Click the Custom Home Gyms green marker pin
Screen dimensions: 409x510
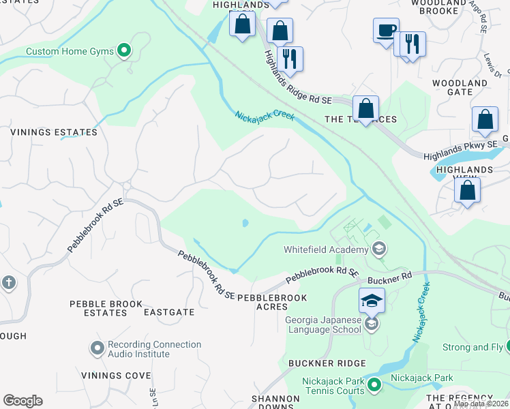coord(124,50)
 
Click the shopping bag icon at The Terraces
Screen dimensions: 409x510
coord(366,108)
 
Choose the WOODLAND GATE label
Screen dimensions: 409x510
coord(460,88)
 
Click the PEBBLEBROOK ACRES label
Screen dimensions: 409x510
coord(273,303)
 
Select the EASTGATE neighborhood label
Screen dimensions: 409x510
coord(169,312)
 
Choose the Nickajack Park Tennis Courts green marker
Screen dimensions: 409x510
coord(374,387)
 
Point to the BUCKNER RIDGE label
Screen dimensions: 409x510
coord(327,363)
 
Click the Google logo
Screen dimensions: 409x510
coord(22,400)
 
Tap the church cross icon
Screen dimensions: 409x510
coord(8,282)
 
